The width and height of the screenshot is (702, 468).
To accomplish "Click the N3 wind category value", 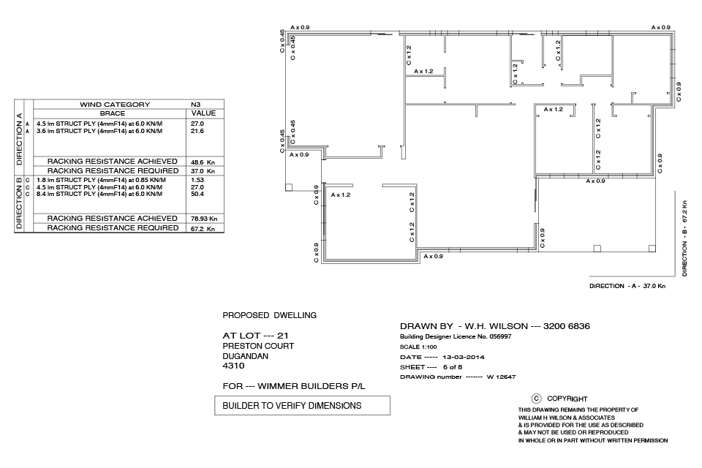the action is click(196, 105).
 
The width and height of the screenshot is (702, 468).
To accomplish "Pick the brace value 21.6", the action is click(197, 131).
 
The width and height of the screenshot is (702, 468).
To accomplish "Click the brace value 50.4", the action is click(197, 194).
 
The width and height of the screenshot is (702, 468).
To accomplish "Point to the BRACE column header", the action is click(113, 113).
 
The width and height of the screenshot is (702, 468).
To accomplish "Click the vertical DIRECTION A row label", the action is click(19, 139).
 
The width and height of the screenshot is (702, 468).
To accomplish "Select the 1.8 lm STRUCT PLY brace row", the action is click(101, 180).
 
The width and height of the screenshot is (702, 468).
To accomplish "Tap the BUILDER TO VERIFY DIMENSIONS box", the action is click(302, 405).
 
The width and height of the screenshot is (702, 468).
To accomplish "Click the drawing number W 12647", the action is click(501, 377).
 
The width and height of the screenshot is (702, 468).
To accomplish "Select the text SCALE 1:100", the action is click(418, 347).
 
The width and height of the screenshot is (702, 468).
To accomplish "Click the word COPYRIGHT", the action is click(567, 399).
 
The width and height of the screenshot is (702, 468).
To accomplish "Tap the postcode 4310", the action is click(233, 366).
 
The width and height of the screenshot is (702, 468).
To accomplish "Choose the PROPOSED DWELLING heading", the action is click(270, 315).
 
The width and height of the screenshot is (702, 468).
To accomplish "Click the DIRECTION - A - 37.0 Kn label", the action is click(627, 286).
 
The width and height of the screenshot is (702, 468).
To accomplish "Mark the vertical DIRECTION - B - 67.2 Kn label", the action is click(684, 238).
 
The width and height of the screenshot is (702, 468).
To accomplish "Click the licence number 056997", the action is click(500, 337).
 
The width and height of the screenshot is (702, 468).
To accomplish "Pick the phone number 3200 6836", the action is click(566, 326).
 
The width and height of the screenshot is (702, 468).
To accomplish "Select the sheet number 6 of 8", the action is click(453, 367).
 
